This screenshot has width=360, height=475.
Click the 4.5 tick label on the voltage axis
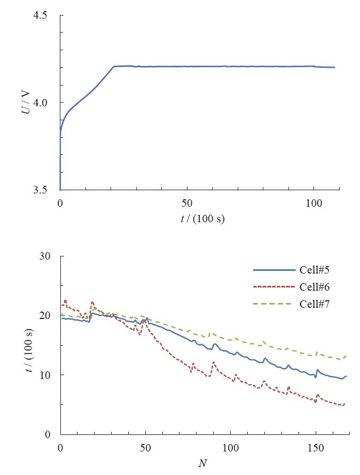(41, 15)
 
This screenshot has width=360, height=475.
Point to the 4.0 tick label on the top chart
(41, 103)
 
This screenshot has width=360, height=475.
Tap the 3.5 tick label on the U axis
(41, 190)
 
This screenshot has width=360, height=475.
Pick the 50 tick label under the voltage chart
(187, 204)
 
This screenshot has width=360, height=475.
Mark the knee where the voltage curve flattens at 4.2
(114, 66)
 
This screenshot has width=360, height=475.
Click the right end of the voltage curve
(334, 67)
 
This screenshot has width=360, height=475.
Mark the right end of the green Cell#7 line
(347, 356)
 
